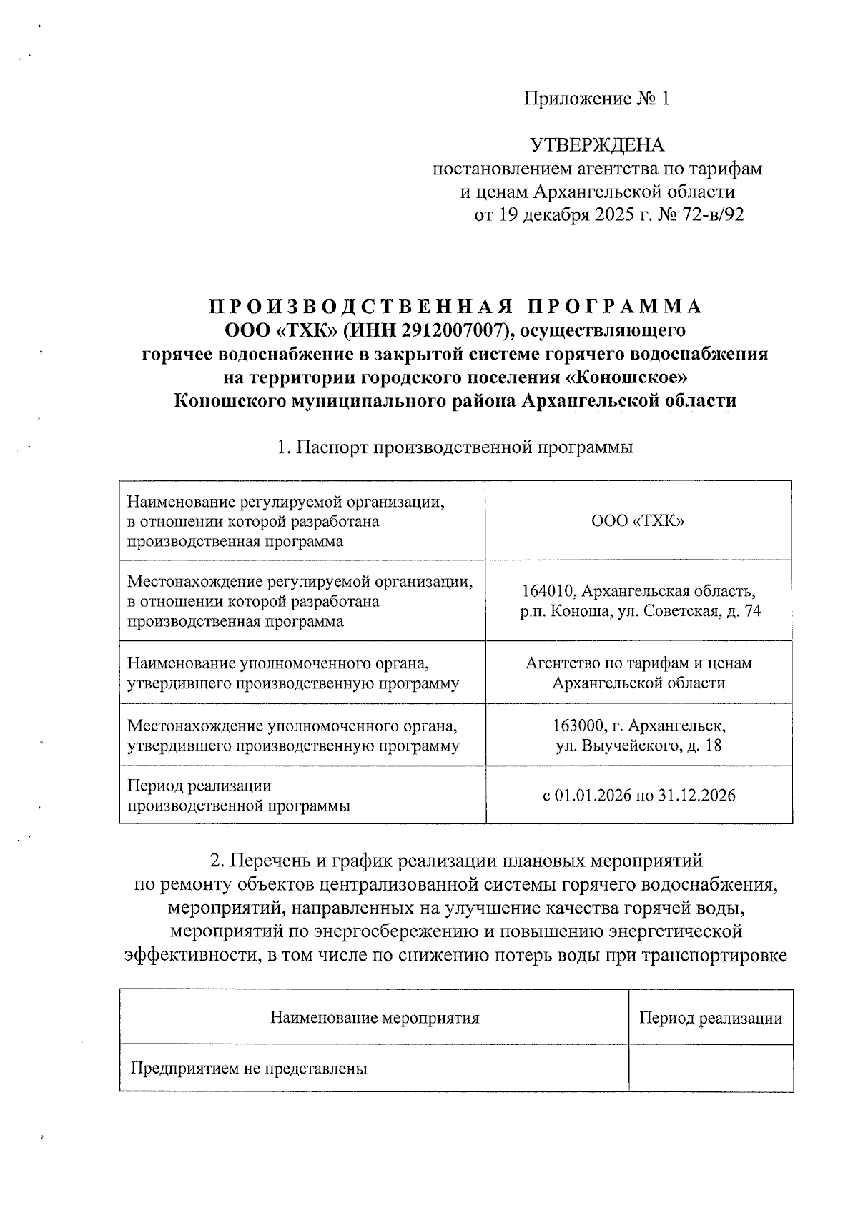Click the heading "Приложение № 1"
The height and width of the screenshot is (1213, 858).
tap(597, 99)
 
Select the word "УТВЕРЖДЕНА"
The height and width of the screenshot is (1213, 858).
tap(597, 146)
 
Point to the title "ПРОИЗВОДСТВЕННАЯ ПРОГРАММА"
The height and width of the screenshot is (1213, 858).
tap(455, 307)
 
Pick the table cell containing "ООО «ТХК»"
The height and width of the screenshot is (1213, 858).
tap(638, 521)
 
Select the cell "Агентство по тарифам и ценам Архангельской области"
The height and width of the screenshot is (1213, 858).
tap(638, 673)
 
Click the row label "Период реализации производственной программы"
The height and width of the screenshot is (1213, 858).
tap(239, 796)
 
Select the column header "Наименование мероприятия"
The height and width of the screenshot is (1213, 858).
tap(374, 1017)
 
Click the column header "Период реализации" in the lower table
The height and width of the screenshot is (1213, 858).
tap(710, 1017)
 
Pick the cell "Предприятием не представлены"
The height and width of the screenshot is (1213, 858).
tap(249, 1069)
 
